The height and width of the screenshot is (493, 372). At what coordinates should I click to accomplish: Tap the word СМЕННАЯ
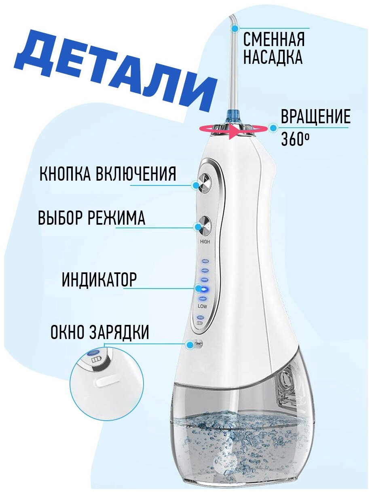click(274, 40)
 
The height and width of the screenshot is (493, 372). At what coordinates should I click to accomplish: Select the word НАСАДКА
click(273, 57)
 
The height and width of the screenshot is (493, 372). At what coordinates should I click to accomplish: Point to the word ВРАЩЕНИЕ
click(315, 117)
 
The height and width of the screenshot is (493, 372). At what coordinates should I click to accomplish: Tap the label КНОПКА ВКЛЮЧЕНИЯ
click(108, 175)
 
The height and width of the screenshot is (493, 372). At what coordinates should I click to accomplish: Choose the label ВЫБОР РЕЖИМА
click(91, 218)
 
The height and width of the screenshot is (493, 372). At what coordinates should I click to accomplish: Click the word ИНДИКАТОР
click(99, 279)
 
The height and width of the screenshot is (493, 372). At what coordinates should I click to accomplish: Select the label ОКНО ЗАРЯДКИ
click(100, 333)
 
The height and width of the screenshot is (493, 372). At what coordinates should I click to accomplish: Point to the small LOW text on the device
click(203, 306)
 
